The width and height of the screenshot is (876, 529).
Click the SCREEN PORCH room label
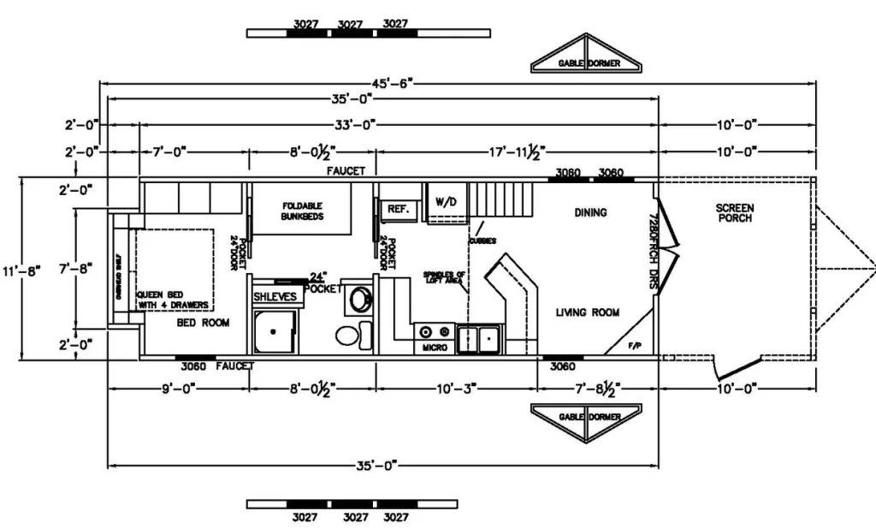coord(735,213)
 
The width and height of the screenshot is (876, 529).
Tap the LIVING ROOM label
coord(588,312)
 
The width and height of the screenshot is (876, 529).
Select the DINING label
coord(590,212)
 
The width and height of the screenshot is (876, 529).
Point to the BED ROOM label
coord(203,323)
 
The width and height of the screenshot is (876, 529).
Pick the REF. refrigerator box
coord(398,209)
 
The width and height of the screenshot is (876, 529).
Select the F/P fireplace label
coord(634,346)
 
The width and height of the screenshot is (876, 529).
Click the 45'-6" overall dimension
coord(392,83)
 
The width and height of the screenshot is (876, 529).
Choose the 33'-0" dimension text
coord(356,125)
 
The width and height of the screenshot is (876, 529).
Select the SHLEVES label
coord(275,296)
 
